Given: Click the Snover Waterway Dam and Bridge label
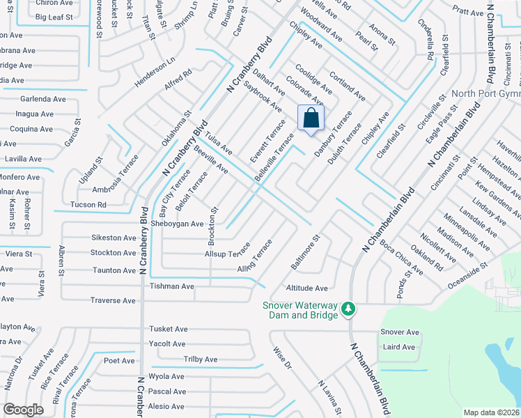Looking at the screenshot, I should [x=300, y=310].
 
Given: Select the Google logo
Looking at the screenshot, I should [x=24, y=409].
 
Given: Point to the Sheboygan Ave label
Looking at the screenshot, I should [x=177, y=224].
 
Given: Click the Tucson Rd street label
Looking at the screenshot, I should [x=88, y=205].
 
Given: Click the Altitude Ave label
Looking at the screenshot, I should [x=306, y=288].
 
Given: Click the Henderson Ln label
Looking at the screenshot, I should [x=155, y=72].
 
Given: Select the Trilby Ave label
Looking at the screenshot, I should [x=201, y=359].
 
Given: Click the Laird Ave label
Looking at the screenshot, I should [x=398, y=347].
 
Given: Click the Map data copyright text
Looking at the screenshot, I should [x=492, y=412].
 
